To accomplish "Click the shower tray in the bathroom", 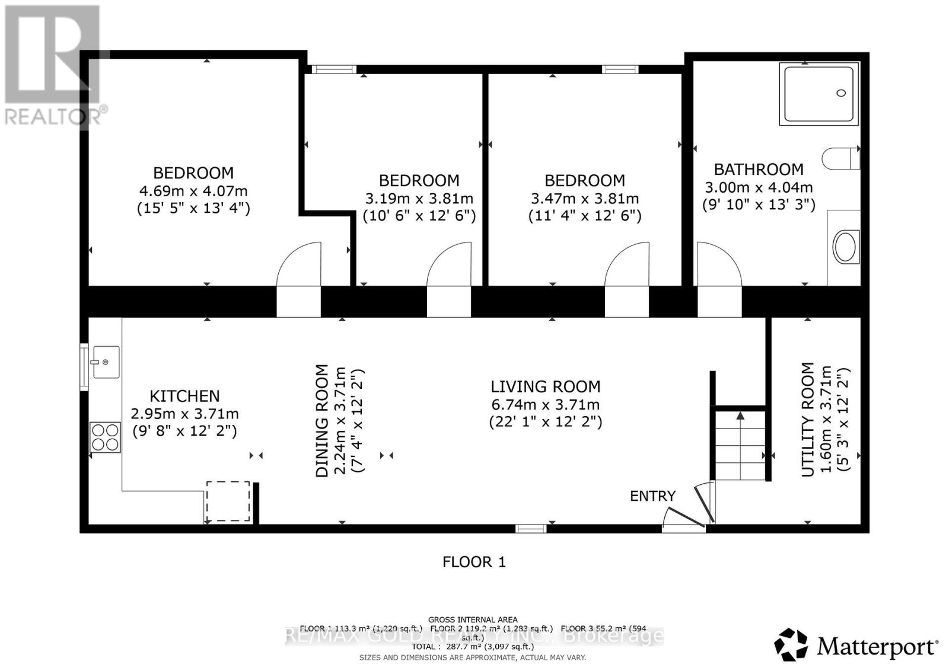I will coord(819,94).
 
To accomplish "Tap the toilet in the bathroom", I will coord(839,158).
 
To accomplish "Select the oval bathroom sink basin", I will coord(845,247).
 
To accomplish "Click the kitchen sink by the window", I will coord(105,362).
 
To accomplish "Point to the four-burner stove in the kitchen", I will coord(105,437).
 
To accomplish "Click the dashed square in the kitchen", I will coord(228,501).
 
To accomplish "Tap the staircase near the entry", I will coord(740,446).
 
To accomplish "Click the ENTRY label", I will coord(652,496).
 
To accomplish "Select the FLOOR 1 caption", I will coord(474,562).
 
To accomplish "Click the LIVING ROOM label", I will coord(545,387).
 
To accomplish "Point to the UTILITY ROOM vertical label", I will coord(808,419).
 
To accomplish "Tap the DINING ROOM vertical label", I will coord(321,420).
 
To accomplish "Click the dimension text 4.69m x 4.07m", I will coord(193,191).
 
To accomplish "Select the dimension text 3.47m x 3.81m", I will coord(584,199).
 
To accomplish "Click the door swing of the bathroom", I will coord(717,264).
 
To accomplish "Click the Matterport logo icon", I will coord(791,644).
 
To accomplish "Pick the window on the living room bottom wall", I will coord(530,528).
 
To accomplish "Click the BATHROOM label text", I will coord(759,170).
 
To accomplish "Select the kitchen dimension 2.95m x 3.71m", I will coord(184,414).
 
